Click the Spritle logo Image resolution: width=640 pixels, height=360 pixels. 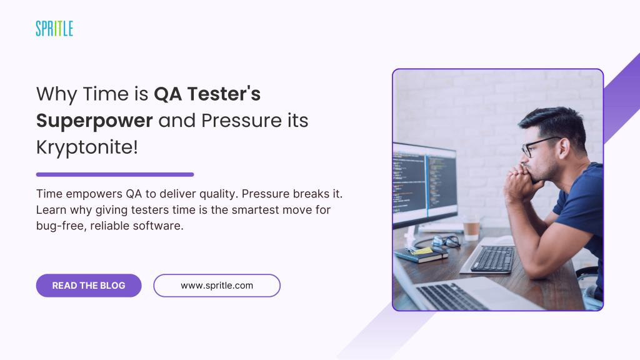54,29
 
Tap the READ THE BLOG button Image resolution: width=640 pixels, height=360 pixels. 89,285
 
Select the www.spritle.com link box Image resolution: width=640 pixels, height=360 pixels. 217,285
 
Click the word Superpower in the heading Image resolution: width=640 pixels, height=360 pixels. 94,121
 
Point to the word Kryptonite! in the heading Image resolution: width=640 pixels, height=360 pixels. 87,147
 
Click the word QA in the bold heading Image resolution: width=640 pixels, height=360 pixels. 167,94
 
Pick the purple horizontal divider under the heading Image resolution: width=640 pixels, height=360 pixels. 115,175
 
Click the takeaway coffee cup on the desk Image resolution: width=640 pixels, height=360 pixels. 471,227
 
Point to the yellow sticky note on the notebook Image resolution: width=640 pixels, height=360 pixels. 421,250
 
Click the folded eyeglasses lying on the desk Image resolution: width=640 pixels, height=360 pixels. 446,241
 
